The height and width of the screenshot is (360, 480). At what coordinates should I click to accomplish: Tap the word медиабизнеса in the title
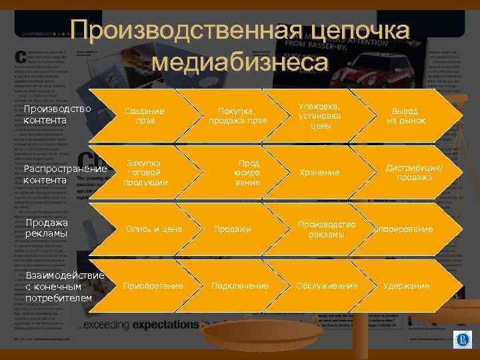point(240,62)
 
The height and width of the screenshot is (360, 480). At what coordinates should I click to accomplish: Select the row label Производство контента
point(53,115)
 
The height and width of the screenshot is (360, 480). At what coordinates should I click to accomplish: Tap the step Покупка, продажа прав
point(238,115)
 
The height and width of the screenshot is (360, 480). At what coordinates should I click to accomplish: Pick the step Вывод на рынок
point(406,115)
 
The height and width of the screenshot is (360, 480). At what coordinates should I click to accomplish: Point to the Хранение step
point(319,173)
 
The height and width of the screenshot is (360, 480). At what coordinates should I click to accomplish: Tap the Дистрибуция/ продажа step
point(414,173)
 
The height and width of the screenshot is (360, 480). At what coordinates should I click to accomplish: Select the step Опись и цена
point(154,229)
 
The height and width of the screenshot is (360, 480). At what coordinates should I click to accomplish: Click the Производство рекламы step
point(327,229)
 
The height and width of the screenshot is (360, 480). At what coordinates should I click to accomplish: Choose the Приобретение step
point(153,286)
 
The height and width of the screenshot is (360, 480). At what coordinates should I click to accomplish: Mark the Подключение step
point(240,286)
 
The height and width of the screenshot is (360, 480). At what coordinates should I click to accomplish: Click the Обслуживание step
point(327,286)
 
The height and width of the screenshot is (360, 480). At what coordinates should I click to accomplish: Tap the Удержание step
point(406,286)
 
